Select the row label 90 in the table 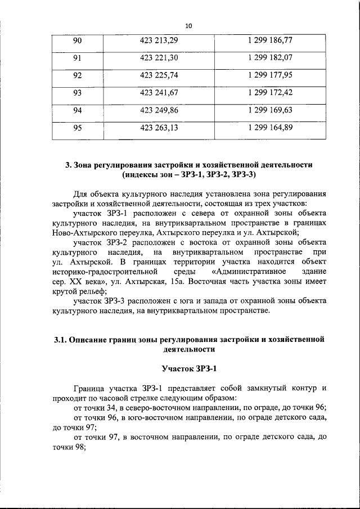point(78,41)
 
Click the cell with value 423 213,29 point(159,41)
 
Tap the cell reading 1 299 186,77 point(269,41)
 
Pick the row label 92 point(78,75)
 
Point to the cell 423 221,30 point(159,58)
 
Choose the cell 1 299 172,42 point(269,93)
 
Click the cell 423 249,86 point(159,110)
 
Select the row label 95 point(78,128)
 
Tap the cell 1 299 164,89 point(269,128)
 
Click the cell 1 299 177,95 point(269,75)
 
